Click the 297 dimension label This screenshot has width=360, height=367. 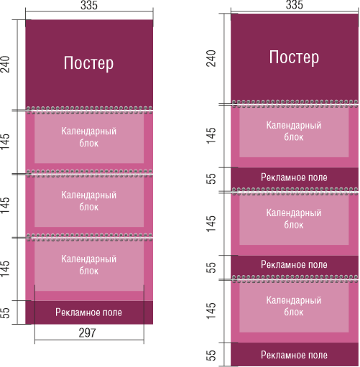coord(88,333)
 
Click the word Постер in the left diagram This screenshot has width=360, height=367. coord(88,63)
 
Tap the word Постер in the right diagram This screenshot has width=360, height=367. coord(294,57)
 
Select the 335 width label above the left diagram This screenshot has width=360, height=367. coord(89,5)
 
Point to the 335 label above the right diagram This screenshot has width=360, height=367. coord(295,4)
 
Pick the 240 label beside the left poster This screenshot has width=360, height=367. coord(5,64)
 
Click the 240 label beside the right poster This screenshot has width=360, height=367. coord(211,58)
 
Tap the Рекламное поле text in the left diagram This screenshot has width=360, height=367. coord(88,312)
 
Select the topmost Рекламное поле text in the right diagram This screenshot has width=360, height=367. coord(294,177)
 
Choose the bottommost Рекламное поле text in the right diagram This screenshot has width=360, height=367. coord(294,355)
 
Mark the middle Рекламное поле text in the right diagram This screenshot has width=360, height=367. coord(294,264)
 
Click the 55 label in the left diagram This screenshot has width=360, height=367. coord(5,312)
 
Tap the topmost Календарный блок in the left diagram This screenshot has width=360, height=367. coord(88,137)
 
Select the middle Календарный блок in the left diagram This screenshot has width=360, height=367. coord(88,201)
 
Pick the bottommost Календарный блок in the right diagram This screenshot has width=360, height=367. coord(294,306)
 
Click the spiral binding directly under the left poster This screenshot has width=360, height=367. coord(89,110)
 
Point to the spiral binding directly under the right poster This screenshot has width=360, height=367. coord(295,103)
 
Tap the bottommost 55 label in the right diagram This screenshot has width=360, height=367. coord(211,356)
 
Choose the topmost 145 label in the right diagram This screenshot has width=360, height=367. coord(211,136)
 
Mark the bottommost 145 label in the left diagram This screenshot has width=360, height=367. coord(5,269)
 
